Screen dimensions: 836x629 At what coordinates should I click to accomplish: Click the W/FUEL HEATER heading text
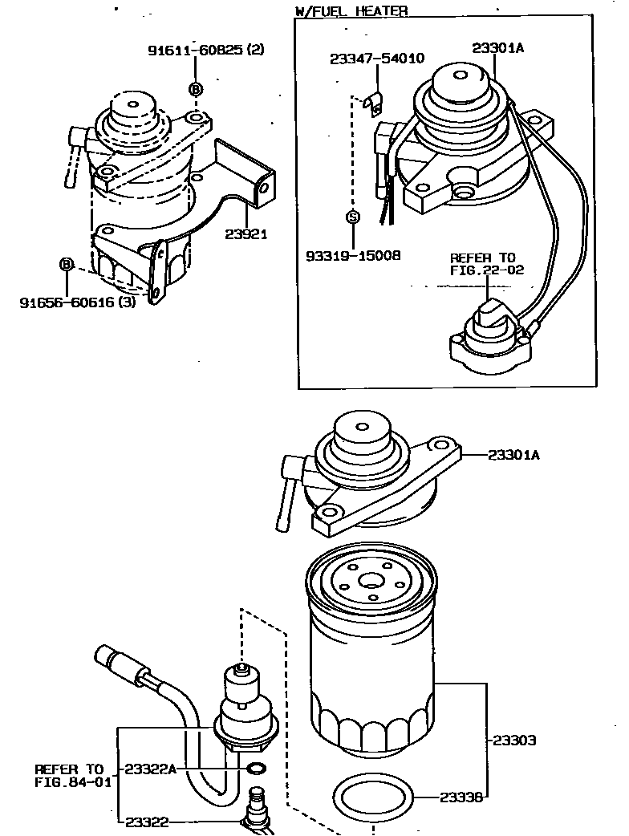click(x=351, y=10)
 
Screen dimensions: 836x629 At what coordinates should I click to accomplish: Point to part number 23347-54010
click(x=377, y=59)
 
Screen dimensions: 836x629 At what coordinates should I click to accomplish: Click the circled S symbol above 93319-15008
click(x=351, y=216)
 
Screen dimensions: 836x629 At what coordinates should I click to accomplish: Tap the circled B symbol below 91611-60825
click(x=196, y=89)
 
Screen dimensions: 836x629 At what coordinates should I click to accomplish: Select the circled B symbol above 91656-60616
click(x=67, y=263)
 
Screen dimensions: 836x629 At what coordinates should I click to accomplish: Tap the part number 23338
click(x=461, y=797)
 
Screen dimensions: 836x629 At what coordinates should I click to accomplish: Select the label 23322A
click(x=150, y=769)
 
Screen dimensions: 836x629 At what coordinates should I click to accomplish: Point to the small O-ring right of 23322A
click(x=256, y=769)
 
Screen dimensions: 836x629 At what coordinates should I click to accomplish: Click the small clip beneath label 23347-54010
click(x=373, y=102)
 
